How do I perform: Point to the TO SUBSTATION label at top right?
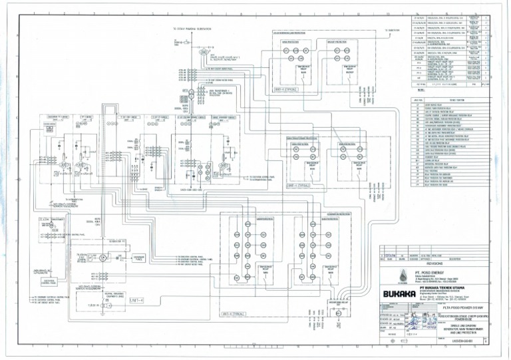[x=391, y=29]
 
